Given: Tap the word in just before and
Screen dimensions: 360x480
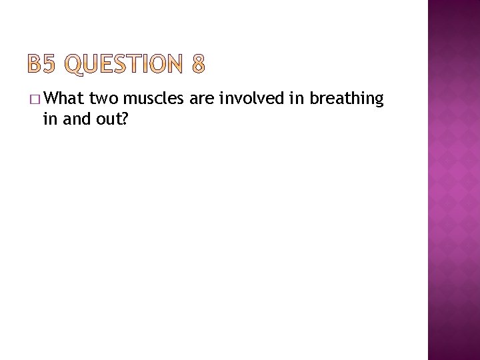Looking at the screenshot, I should pos(49,119).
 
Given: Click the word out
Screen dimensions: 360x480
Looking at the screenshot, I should pos(105,119).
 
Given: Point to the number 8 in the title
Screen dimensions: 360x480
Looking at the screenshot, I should pos(198,64).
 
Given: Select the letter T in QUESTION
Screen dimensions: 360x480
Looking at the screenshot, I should pos(139,64).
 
